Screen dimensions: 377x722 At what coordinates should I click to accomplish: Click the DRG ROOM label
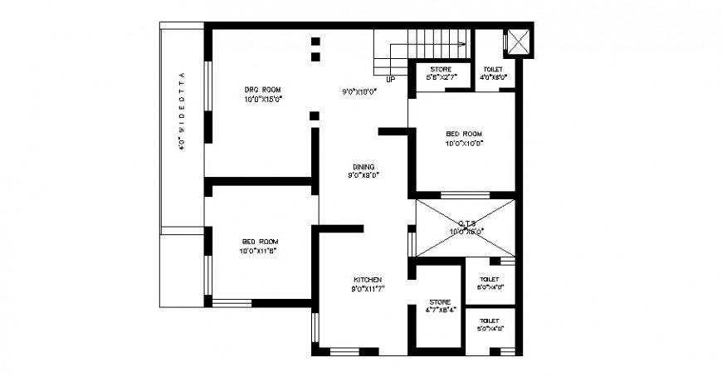[262, 89]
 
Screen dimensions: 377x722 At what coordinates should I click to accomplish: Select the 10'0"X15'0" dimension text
[263, 99]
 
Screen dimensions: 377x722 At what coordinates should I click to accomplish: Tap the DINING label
[363, 165]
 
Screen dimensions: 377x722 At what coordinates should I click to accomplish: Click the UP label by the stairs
[390, 80]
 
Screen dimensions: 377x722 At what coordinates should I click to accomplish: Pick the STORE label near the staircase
[440, 69]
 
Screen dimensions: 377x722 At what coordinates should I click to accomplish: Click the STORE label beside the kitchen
[439, 301]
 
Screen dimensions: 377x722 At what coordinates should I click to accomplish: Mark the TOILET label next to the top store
[493, 69]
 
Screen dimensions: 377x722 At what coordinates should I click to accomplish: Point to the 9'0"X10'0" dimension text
[361, 91]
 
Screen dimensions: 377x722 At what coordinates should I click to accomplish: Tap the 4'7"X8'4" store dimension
[440, 311]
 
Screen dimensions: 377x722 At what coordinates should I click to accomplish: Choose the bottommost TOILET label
[490, 320]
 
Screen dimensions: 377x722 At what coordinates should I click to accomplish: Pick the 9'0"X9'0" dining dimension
[363, 175]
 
